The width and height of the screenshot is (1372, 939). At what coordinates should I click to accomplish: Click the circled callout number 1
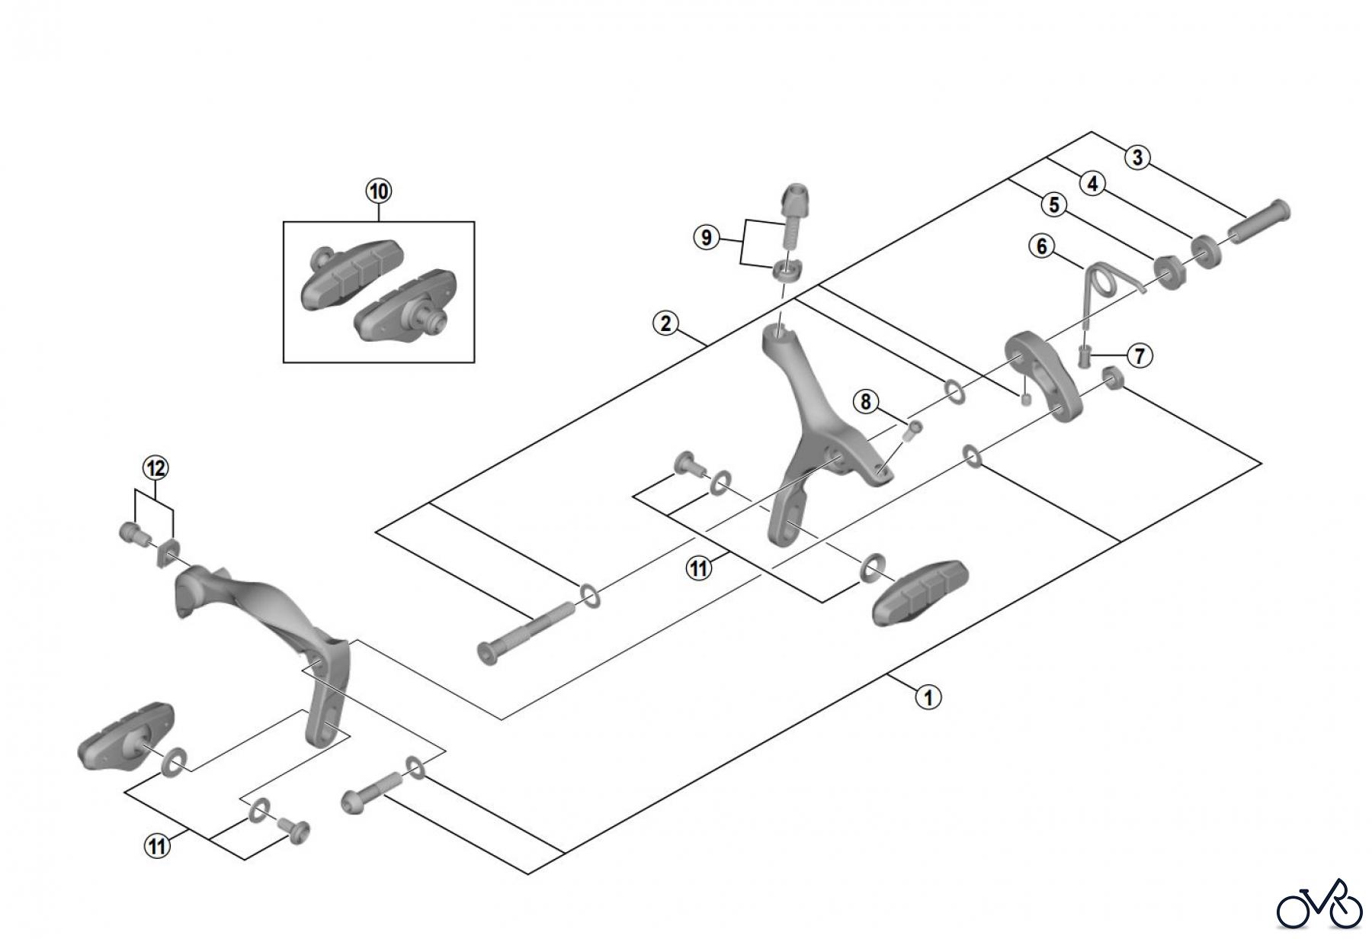pyautogui.click(x=928, y=696)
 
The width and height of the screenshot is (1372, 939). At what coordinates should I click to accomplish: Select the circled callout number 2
pyautogui.click(x=665, y=323)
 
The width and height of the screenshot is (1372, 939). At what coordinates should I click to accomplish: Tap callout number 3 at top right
pyautogui.click(x=1137, y=158)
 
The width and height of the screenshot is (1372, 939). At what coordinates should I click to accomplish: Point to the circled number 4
pyautogui.click(x=1092, y=184)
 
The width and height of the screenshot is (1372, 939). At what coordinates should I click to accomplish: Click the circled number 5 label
pyautogui.click(x=1053, y=204)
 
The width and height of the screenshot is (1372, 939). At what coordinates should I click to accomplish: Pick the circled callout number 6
pyautogui.click(x=1042, y=246)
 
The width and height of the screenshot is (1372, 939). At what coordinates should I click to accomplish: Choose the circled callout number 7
pyautogui.click(x=1139, y=355)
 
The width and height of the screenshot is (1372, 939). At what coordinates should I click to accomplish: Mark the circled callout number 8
pyautogui.click(x=865, y=401)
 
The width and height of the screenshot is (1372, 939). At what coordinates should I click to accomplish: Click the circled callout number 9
pyautogui.click(x=706, y=237)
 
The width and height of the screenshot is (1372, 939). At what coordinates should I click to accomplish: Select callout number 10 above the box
pyautogui.click(x=379, y=191)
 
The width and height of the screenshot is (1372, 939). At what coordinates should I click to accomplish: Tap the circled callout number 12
pyautogui.click(x=155, y=468)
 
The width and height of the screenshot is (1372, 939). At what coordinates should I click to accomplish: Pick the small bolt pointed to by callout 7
pyautogui.click(x=1085, y=355)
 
